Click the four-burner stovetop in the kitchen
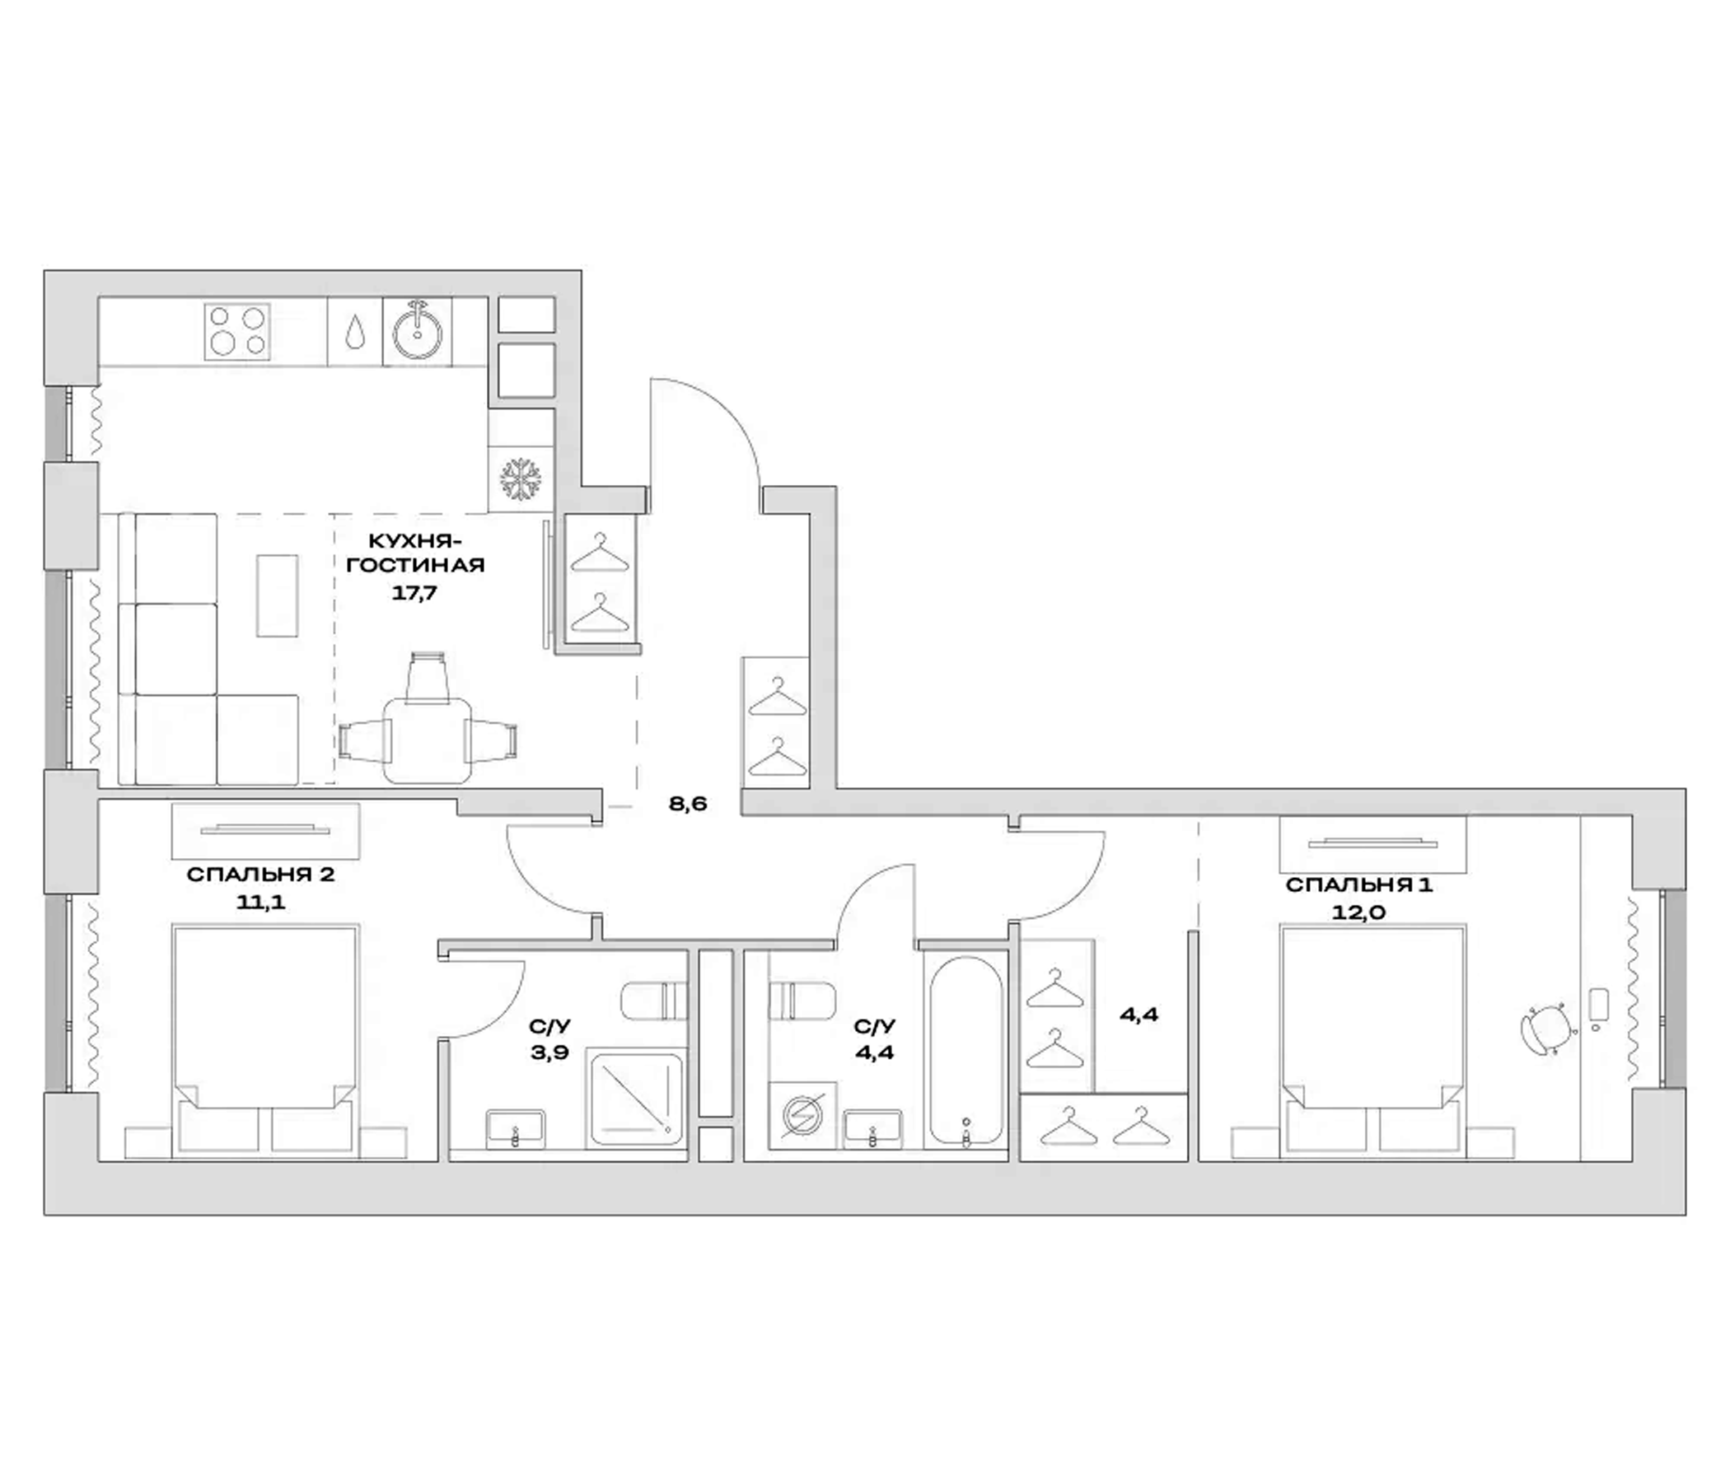click(237, 331)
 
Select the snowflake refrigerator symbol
click(521, 479)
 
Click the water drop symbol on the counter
click(355, 331)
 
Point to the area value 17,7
click(415, 594)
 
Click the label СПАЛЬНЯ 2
click(260, 875)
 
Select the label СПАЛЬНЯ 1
click(1359, 884)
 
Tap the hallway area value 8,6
click(688, 804)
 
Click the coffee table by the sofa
click(277, 596)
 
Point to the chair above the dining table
click(428, 677)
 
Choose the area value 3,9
click(549, 1052)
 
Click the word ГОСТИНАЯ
click(415, 565)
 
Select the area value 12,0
click(1358, 912)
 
